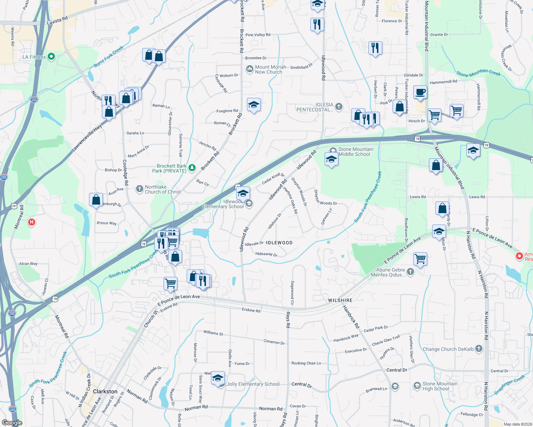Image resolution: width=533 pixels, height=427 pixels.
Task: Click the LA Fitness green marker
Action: [51, 57]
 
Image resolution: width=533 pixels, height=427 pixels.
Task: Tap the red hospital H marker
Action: [32, 222]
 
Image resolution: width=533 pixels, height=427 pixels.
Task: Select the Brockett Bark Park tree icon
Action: [192, 168]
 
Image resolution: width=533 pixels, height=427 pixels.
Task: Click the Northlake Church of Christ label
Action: [163, 189]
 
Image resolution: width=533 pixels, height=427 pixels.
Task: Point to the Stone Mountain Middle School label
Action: [356, 152]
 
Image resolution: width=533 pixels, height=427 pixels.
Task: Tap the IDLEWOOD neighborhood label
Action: [279, 243]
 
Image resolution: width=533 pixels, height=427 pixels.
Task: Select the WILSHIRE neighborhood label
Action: [340, 300]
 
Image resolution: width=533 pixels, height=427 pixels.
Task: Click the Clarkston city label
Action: [105, 391]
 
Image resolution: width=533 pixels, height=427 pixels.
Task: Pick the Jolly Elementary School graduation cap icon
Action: [217, 378]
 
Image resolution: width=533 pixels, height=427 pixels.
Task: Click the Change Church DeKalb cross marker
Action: [479, 349]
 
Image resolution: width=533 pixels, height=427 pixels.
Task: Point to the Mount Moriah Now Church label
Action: [270, 69]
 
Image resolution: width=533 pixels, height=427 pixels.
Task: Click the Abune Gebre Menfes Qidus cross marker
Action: [410, 272]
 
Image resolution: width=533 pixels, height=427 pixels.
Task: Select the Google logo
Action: [12, 423]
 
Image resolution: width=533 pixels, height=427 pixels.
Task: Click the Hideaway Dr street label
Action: [266, 254]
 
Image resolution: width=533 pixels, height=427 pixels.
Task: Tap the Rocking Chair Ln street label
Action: [306, 363]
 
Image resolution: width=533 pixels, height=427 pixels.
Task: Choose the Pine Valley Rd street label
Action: [258, 35]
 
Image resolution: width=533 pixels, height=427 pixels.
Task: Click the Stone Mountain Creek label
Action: [478, 73]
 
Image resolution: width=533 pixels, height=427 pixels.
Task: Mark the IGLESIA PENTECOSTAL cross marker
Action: [339, 106]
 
